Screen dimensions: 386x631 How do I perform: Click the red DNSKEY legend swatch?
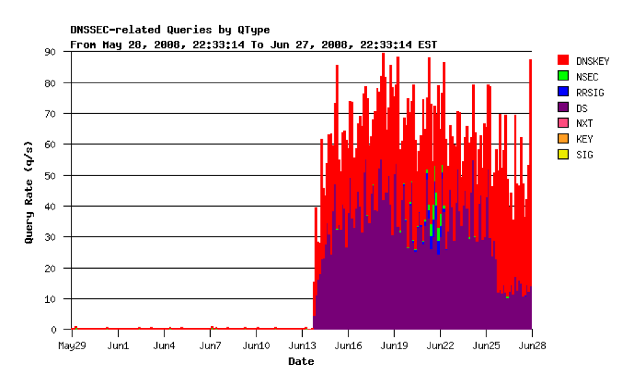[563, 61]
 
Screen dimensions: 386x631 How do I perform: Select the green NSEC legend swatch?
[563, 76]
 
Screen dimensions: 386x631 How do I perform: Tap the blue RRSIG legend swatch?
[563, 92]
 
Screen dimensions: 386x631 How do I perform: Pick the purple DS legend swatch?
[563, 108]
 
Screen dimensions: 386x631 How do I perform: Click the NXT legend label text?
[585, 123]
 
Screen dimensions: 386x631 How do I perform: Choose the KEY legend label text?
[585, 139]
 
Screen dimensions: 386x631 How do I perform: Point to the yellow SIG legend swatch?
[563, 155]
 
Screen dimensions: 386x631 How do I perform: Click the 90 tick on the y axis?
[52, 52]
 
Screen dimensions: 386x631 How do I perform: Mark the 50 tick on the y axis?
[52, 175]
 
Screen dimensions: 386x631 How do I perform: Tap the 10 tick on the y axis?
[52, 299]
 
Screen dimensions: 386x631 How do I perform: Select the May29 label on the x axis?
[72, 345]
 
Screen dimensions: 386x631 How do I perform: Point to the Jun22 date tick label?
[440, 345]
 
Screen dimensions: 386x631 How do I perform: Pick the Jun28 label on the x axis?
[531, 345]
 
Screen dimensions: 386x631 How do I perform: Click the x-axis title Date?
[301, 361]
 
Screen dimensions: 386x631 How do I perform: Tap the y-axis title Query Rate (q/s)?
[29, 197]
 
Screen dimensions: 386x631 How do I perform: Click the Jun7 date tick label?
[209, 345]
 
